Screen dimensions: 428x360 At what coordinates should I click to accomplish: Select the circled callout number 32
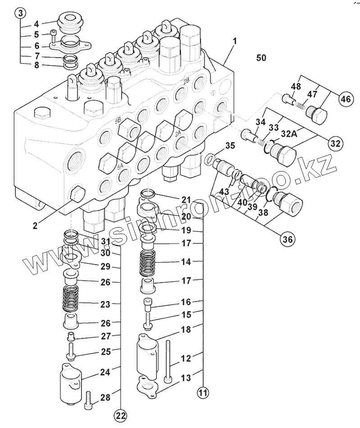coord(334,144)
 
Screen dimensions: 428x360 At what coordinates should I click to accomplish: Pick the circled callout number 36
coord(287,239)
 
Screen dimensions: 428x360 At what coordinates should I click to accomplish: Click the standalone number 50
coord(261,58)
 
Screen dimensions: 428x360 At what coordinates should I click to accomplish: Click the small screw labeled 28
coord(88,398)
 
